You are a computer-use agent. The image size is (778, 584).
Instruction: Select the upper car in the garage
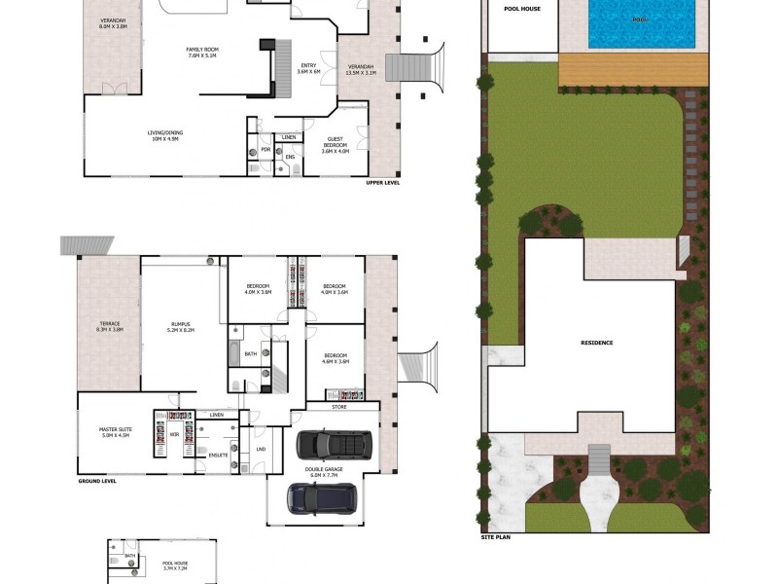click(x=334, y=444)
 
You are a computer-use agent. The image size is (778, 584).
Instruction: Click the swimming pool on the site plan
click(x=642, y=23)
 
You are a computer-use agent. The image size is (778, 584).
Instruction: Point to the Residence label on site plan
click(x=597, y=343)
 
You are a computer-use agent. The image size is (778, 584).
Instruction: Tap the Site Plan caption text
click(x=496, y=536)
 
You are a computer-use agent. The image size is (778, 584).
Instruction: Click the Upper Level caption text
click(x=384, y=182)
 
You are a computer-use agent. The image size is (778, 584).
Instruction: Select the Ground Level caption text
click(x=97, y=481)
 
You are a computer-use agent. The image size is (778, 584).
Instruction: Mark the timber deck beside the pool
click(x=632, y=69)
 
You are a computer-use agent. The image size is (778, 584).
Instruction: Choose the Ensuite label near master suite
click(x=219, y=454)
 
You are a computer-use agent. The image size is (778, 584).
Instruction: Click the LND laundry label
click(x=261, y=449)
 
